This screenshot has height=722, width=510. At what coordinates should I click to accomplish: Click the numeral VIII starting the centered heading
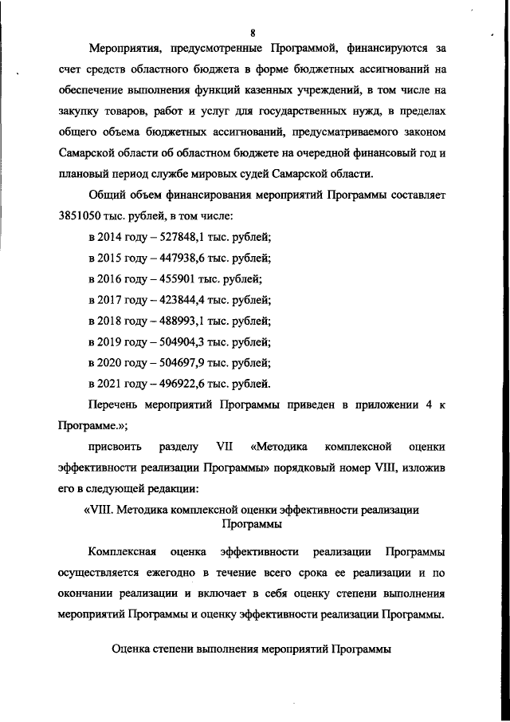(99, 509)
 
